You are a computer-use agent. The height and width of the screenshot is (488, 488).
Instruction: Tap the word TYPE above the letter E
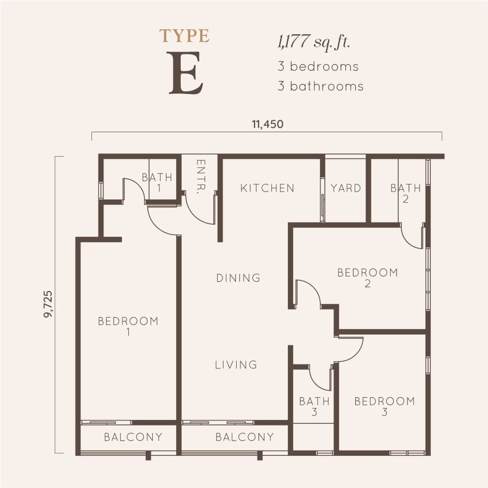click(184, 36)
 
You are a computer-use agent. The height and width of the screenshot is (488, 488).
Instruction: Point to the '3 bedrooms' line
click(318, 66)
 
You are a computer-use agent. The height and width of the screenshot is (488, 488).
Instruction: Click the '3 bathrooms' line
click(320, 86)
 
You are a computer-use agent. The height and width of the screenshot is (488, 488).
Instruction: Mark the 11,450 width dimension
click(267, 124)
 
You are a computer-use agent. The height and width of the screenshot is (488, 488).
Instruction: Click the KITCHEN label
click(267, 188)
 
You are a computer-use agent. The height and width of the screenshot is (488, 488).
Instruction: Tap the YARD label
click(345, 188)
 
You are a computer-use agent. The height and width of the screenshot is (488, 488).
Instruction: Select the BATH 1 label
click(157, 182)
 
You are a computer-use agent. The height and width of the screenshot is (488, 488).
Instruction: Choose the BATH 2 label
click(405, 193)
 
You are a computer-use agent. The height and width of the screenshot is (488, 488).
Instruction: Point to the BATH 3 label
click(314, 406)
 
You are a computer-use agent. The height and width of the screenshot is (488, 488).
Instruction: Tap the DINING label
click(238, 278)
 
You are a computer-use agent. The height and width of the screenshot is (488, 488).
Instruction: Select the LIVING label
click(236, 365)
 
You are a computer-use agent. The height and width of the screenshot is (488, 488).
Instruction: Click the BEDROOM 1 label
click(128, 326)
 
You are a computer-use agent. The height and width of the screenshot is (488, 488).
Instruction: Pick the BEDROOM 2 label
click(367, 277)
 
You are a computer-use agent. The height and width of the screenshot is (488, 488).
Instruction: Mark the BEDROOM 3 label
click(384, 406)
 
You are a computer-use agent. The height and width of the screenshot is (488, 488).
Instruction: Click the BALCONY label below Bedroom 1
click(133, 437)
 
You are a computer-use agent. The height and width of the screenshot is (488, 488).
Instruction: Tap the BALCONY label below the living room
click(244, 437)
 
